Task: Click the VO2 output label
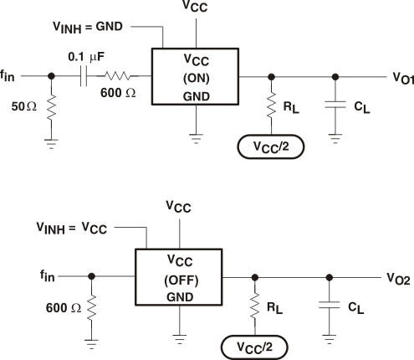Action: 398,277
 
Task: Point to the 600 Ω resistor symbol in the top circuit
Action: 118,75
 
